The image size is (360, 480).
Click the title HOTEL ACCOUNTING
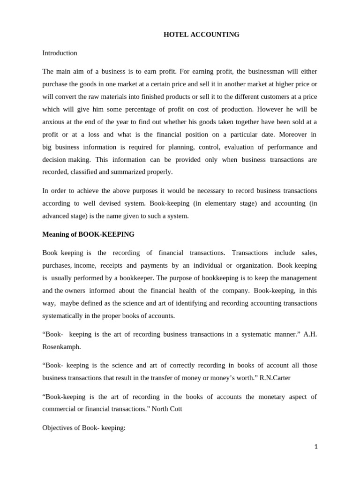pos(201,35)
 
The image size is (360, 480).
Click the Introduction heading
pos(60,53)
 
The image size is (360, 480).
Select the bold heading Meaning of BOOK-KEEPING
pos(88,234)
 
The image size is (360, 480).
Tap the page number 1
pos(316,447)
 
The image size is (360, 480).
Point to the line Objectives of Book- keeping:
pos(84,427)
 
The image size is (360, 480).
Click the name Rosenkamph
pos(62,346)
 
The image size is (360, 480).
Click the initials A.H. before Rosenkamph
pos(310,334)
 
